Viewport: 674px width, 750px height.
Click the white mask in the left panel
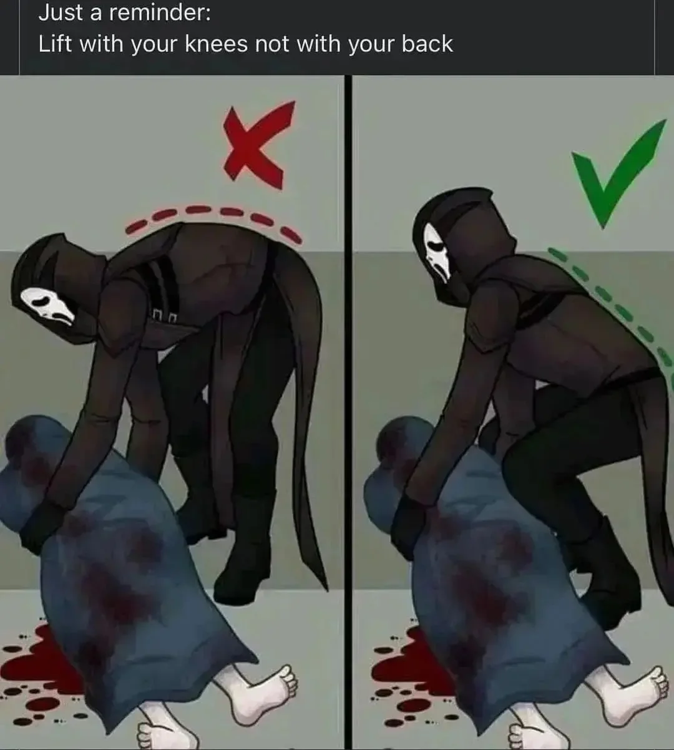(47, 306)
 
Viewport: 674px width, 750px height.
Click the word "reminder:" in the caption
(160, 12)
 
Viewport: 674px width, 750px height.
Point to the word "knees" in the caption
(216, 44)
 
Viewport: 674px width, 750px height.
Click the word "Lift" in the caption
(55, 44)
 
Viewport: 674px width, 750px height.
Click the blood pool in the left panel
(41, 663)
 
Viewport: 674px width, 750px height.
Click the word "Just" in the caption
(61, 12)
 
